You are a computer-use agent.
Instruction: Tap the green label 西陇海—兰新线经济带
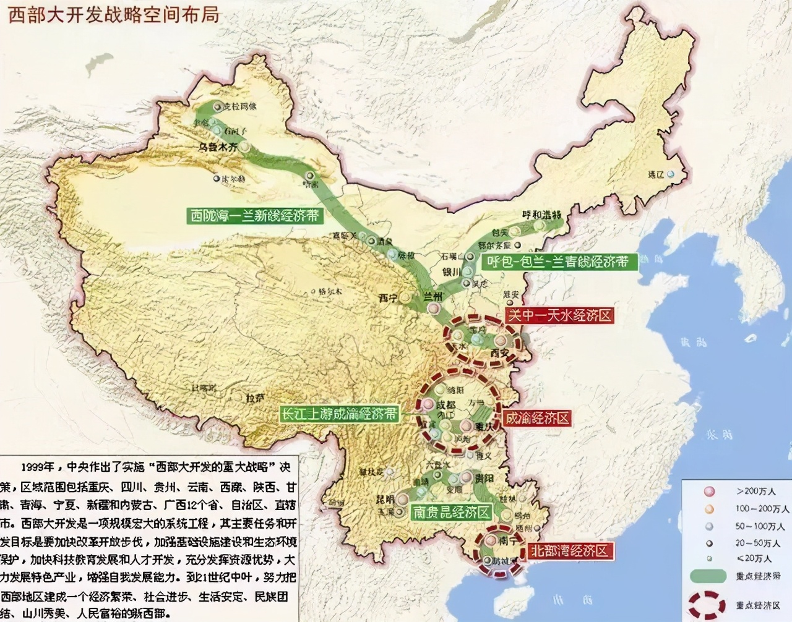255,215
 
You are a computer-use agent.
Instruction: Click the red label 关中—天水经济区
559,315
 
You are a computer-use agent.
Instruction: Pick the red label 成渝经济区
537,418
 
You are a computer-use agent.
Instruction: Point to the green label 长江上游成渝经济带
338,414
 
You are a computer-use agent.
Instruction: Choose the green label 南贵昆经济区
452,512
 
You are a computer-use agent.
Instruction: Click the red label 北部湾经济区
570,550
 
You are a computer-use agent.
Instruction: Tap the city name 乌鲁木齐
217,148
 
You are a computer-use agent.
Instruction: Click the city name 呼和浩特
541,215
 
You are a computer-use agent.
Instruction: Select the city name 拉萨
254,398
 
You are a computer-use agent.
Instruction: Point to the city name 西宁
388,298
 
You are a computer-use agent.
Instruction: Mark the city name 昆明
385,499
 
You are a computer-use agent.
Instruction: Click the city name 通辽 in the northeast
655,175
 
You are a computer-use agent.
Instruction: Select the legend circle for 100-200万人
709,509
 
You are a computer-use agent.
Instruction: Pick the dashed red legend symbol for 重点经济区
708,604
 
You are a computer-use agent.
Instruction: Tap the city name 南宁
507,540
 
